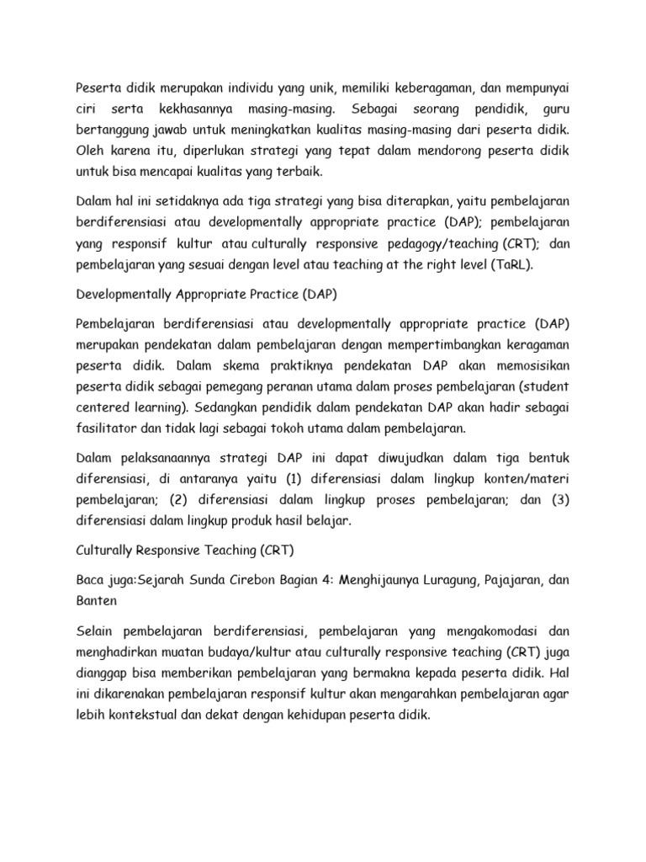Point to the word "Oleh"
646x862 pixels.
pyautogui.click(x=90, y=152)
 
